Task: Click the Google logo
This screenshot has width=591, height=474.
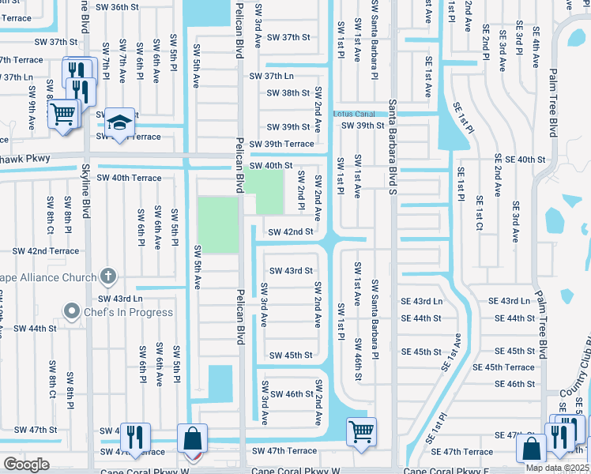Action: point(26,465)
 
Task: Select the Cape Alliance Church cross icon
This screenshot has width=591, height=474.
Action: point(109,276)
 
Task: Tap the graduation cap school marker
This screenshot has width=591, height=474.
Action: point(119,123)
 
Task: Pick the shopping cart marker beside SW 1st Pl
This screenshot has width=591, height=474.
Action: point(361,431)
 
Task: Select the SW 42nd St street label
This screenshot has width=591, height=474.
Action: point(291,232)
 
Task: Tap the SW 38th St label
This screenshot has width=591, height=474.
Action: point(288,92)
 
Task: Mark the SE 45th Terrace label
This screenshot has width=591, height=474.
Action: point(503,367)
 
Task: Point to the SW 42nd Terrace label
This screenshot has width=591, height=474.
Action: point(46,251)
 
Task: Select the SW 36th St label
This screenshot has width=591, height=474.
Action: point(114,7)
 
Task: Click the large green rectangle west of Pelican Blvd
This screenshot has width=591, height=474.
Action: point(217,225)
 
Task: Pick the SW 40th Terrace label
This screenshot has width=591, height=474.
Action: point(129,179)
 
